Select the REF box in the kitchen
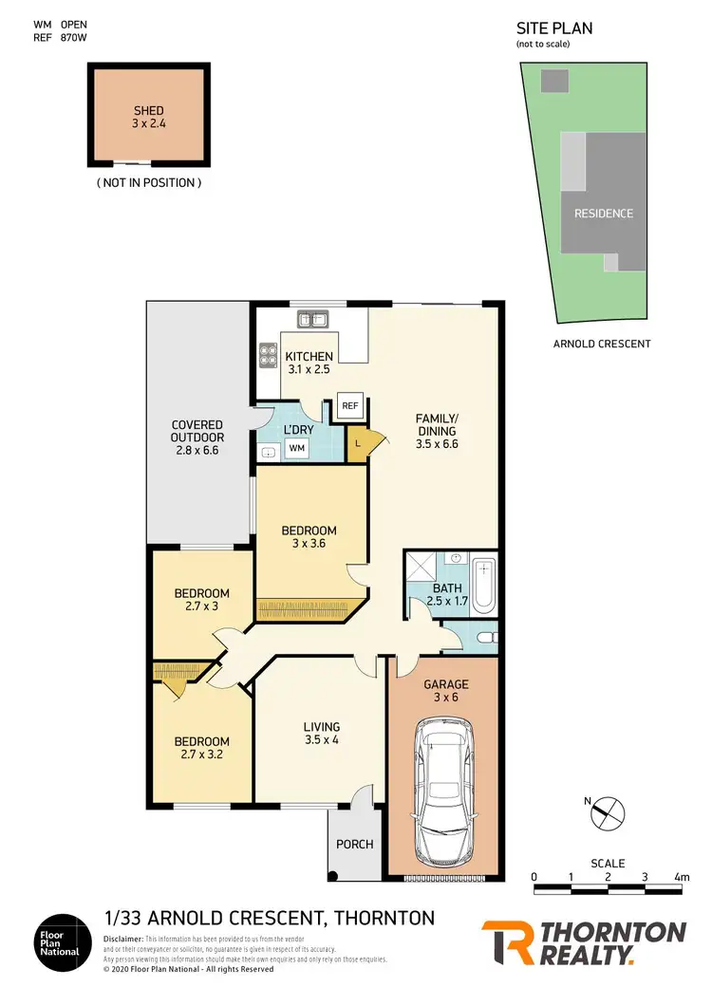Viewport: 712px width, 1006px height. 349,404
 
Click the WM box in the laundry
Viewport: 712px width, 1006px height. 297,447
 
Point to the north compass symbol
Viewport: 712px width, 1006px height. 609,813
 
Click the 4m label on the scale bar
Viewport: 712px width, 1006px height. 681,876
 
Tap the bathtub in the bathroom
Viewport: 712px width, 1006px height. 484,585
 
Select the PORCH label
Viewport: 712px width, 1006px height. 355,844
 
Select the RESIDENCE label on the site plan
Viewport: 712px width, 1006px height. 603,214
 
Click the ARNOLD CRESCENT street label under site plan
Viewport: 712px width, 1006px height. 602,344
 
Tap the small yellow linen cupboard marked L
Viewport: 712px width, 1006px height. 357,444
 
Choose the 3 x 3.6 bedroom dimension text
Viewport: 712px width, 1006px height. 309,545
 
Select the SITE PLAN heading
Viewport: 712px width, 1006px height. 554,28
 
